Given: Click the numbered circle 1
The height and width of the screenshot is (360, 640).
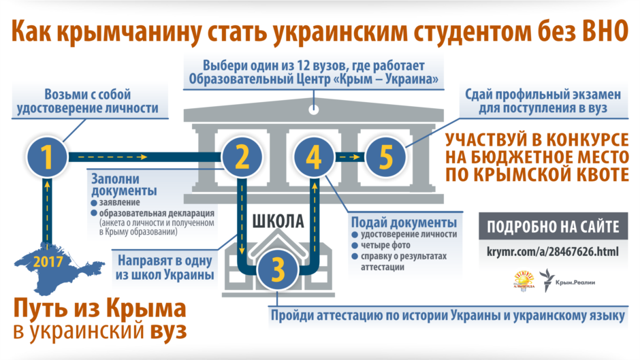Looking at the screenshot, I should pyautogui.click(x=47, y=157).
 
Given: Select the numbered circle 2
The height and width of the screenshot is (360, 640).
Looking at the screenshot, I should pyautogui.click(x=240, y=157).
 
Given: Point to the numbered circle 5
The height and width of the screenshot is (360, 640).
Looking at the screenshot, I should pyautogui.click(x=385, y=157).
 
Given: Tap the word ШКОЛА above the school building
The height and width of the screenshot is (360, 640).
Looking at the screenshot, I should pyautogui.click(x=277, y=221).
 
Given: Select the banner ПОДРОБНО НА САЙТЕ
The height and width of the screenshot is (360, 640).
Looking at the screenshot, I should pyautogui.click(x=554, y=227).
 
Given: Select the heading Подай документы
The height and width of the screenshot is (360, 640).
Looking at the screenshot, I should pyautogui.click(x=403, y=223).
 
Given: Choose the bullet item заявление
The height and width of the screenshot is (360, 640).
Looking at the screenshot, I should pyautogui.click(x=120, y=203).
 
